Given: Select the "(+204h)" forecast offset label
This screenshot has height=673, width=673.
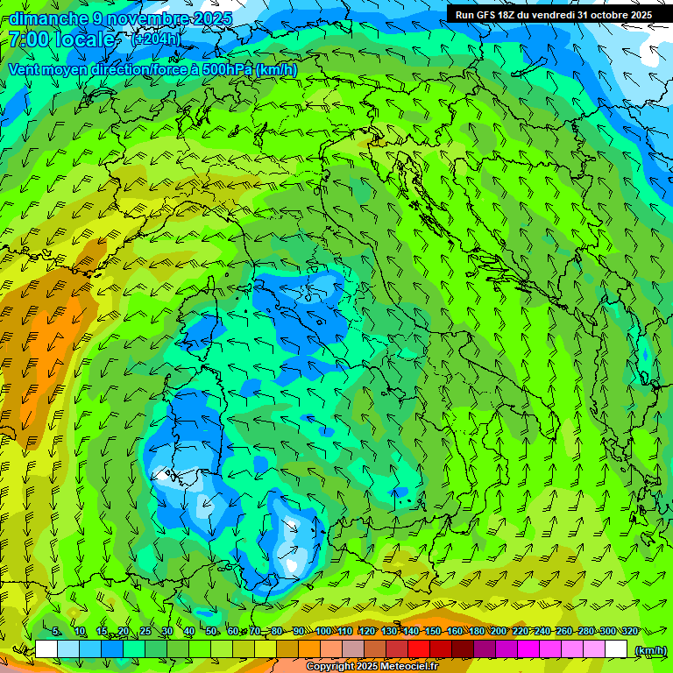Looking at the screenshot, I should pyautogui.click(x=156, y=39).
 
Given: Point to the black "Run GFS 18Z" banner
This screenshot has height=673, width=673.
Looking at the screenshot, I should pyautogui.click(x=552, y=15).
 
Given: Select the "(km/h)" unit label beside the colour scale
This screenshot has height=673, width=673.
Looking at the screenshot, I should pyautogui.click(x=650, y=649).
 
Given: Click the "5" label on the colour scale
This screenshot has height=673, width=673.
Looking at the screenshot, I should pyautogui.click(x=56, y=631).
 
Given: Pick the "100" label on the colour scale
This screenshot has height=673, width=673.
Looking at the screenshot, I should pyautogui.click(x=322, y=631).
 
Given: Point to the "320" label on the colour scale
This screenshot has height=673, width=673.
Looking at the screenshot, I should pyautogui.click(x=629, y=631).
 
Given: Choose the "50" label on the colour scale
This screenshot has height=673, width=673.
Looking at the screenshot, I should pyautogui.click(x=212, y=631).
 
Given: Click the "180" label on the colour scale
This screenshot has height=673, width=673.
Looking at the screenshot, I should pyautogui.click(x=476, y=631).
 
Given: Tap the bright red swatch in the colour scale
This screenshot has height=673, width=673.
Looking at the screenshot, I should pyautogui.click(x=419, y=649).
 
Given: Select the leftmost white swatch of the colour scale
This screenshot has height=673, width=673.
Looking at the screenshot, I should pyautogui.click(x=46, y=649).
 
